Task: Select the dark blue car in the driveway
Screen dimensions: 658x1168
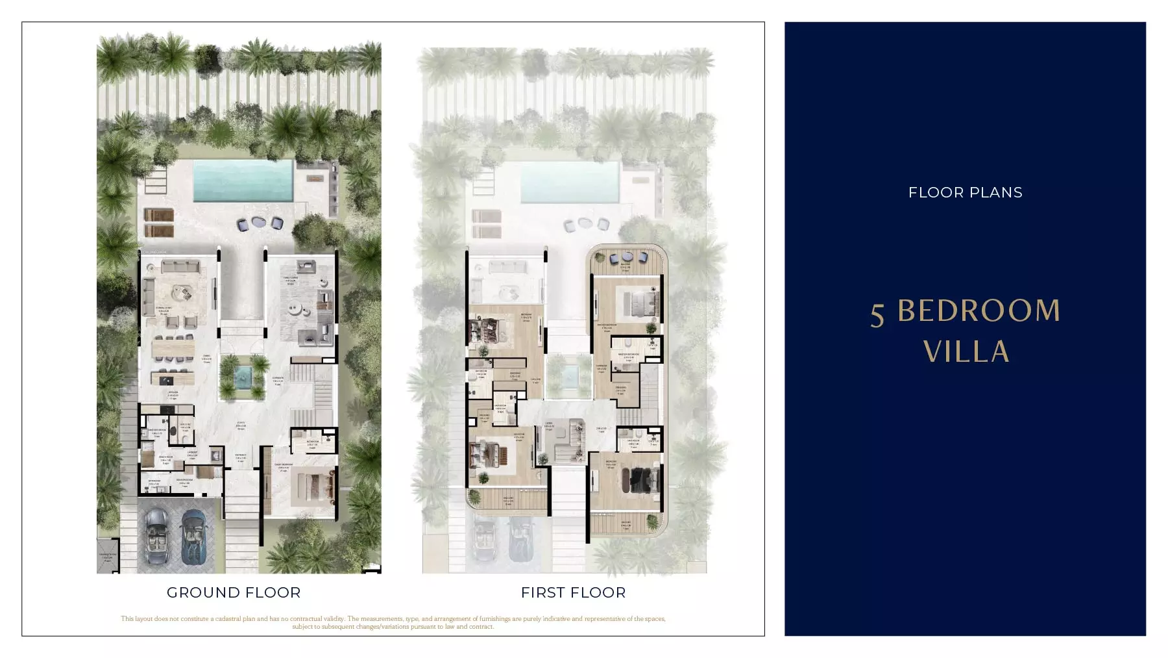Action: coord(193,536)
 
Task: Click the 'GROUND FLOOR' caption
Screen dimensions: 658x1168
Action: coord(234,592)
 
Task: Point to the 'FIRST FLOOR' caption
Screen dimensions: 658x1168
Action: coord(573,592)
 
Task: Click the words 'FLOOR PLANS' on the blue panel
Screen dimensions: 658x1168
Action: coord(965,192)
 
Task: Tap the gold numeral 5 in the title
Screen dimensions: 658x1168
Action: coord(877,314)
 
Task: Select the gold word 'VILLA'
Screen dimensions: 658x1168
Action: coord(966,351)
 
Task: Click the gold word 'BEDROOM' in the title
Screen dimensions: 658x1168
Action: coord(979,311)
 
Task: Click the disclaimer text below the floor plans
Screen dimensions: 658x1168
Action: coord(393,622)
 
